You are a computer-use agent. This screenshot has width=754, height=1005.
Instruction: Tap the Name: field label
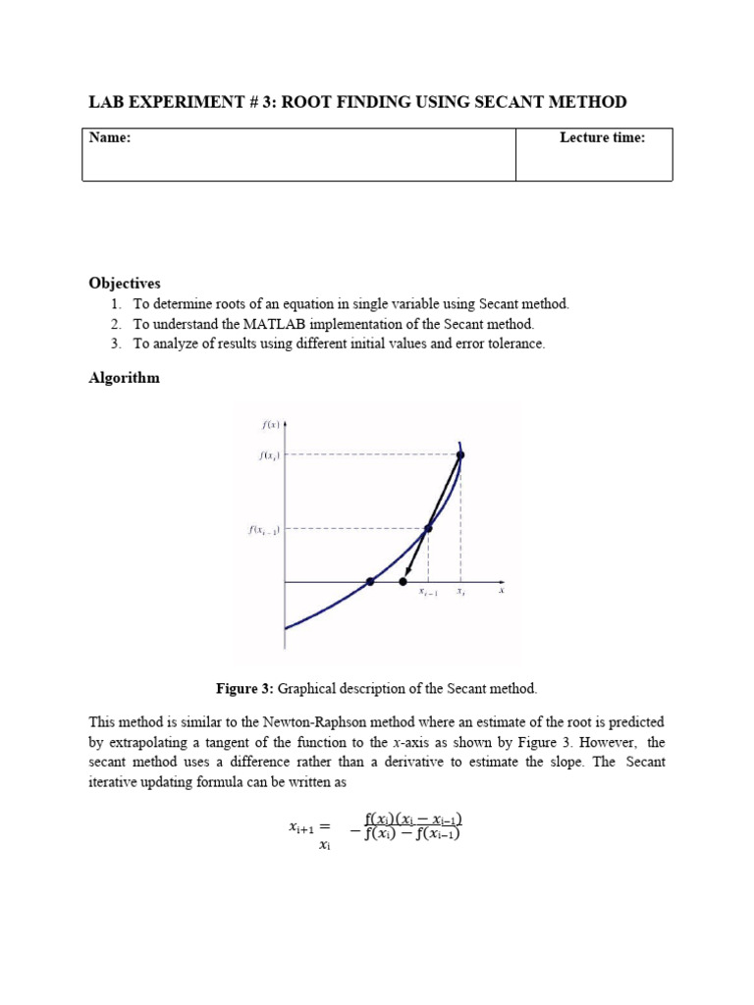(x=110, y=138)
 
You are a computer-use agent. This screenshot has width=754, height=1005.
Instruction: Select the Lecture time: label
(x=602, y=138)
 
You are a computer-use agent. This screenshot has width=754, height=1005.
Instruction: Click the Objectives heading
(x=125, y=283)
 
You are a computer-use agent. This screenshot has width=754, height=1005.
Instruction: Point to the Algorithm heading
(x=124, y=378)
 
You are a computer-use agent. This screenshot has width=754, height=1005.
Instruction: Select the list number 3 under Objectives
(x=115, y=344)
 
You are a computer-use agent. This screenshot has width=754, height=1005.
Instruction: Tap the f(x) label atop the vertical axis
(x=271, y=424)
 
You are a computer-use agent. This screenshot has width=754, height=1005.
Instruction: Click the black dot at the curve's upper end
(x=460, y=454)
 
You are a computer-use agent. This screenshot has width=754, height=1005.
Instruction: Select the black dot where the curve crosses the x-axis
(x=370, y=582)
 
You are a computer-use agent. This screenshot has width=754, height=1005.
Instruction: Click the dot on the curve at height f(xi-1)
(x=428, y=528)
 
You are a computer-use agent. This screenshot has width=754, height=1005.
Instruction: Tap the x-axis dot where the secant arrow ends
(x=404, y=582)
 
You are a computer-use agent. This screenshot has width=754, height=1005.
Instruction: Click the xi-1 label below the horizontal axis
(x=428, y=593)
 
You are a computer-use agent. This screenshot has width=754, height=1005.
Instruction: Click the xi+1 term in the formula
(x=305, y=827)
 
